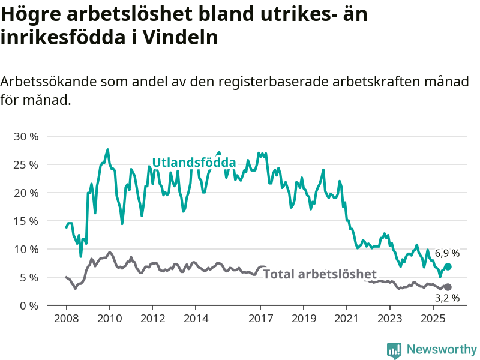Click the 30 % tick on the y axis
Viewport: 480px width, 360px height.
tap(26, 136)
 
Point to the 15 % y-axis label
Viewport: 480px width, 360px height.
tap(26, 221)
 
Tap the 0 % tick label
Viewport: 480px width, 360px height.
tap(29, 305)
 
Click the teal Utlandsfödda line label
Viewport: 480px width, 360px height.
tap(193, 163)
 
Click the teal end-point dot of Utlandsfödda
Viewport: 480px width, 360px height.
tap(448, 266)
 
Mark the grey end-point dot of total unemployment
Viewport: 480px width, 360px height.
tap(448, 287)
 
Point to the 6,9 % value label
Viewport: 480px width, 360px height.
tap(447, 253)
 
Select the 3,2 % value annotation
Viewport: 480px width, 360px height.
tap(447, 298)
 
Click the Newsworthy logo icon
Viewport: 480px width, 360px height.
tap(394, 350)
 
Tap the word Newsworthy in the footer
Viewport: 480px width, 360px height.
tap(442, 349)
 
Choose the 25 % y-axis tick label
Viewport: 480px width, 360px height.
tap(26, 164)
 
